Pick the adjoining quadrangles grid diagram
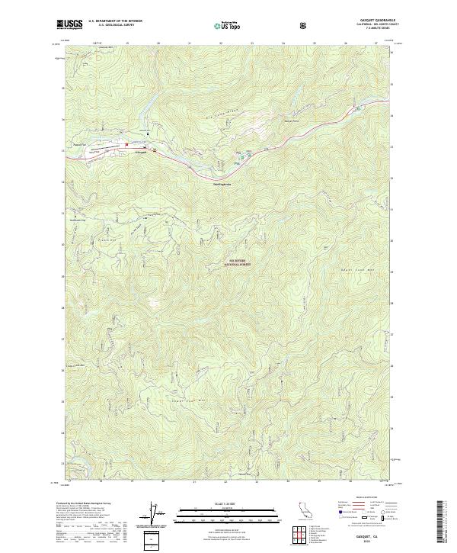[302, 534]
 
